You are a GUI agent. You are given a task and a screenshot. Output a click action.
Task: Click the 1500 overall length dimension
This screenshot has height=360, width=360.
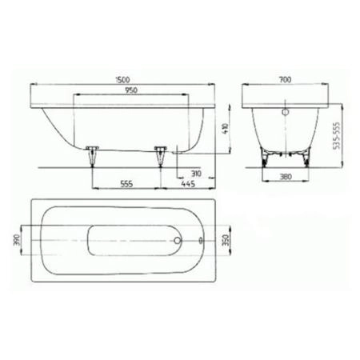coord(122,79)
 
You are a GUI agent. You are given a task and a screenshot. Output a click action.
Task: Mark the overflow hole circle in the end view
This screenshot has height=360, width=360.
coord(284,113)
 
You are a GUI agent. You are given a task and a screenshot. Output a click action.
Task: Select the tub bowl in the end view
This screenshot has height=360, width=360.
coord(284,132)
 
